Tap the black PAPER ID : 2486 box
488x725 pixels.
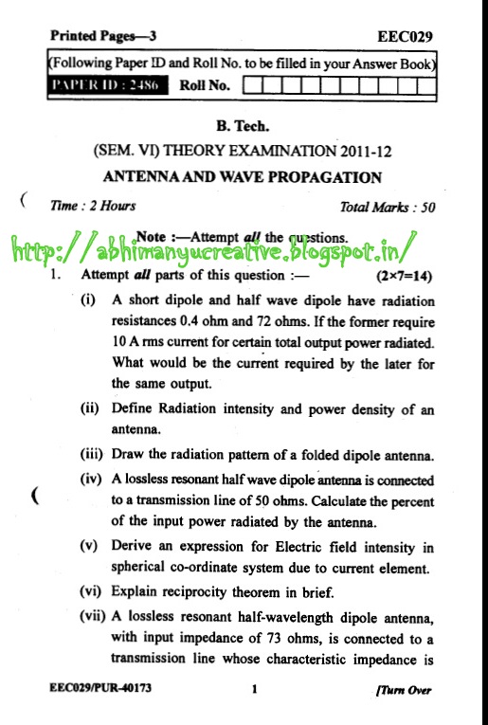108,86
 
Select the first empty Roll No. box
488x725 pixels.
253,86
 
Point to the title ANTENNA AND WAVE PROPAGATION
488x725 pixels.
243,176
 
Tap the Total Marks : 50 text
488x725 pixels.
388,207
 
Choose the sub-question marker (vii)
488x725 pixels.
93,614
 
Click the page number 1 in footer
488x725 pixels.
255,690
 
